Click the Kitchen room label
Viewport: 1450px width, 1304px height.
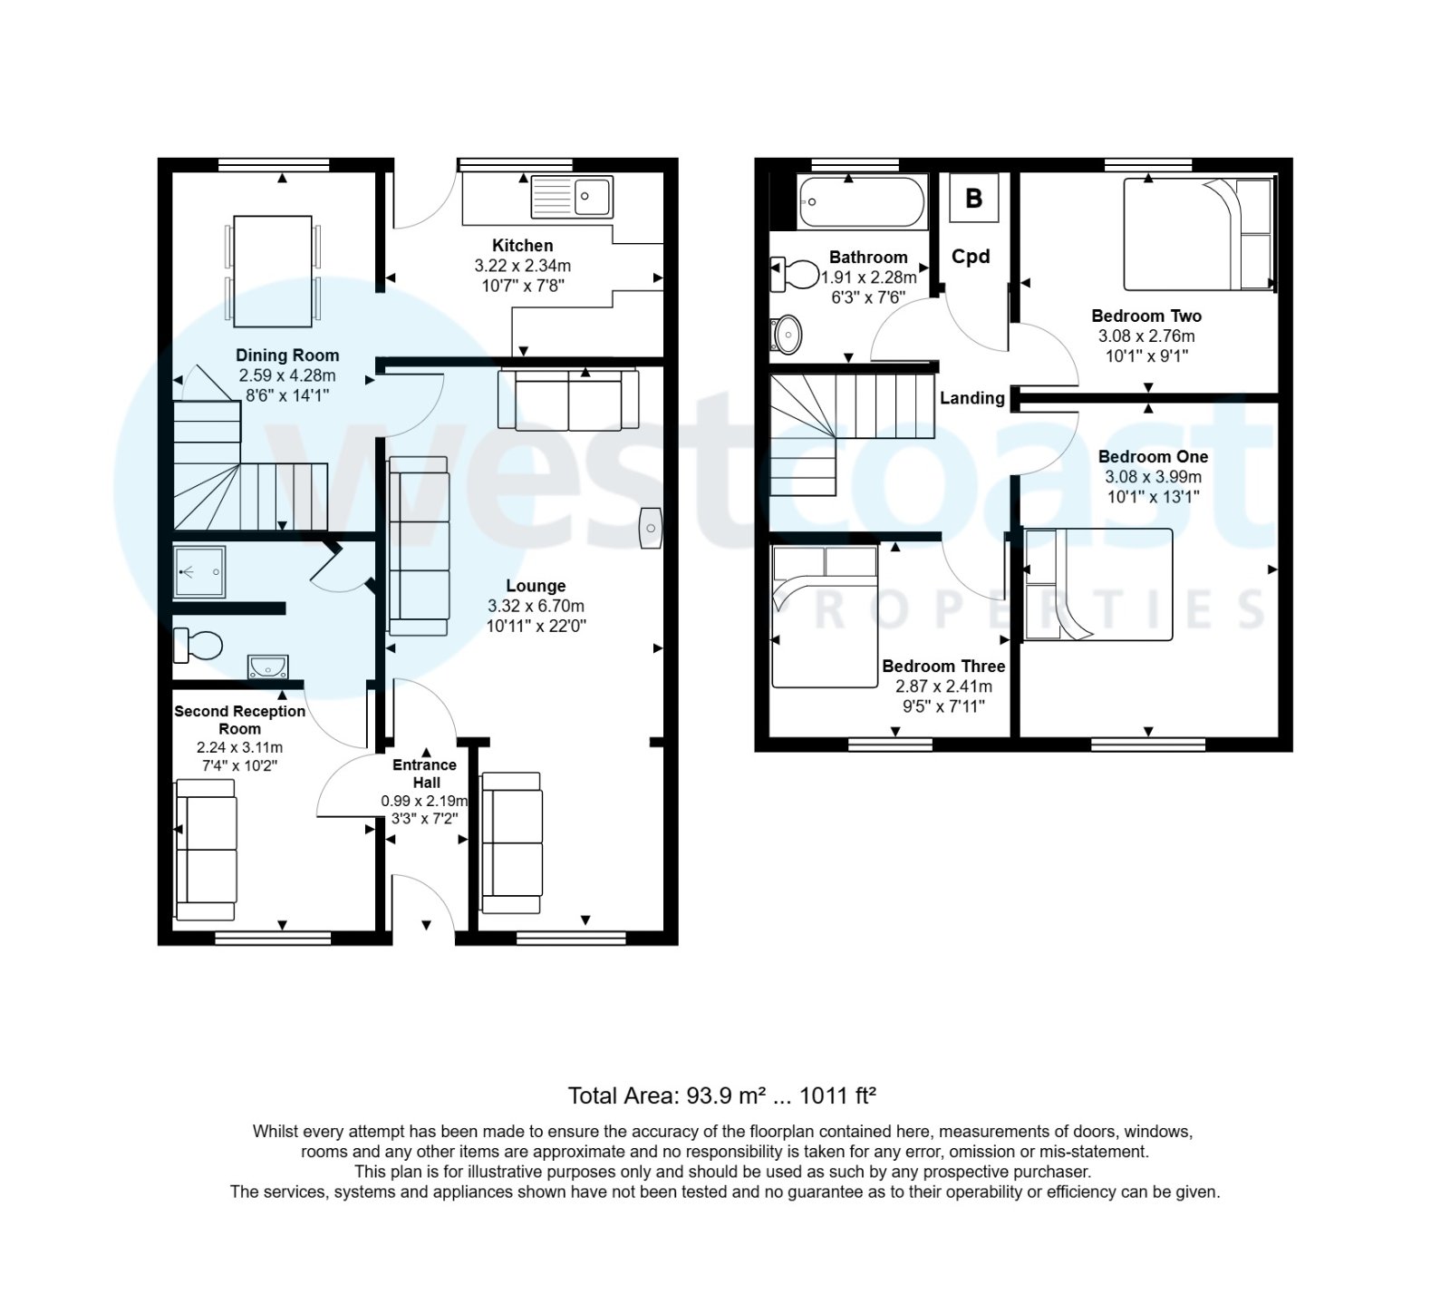pos(522,245)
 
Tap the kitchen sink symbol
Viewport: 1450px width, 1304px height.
pos(572,196)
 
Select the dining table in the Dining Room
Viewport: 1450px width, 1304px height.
pos(273,271)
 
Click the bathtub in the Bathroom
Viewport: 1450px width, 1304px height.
pos(861,201)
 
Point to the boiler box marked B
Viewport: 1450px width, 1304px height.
pos(974,198)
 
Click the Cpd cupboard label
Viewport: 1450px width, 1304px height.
pos(971,257)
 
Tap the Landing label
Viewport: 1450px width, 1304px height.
pos(971,398)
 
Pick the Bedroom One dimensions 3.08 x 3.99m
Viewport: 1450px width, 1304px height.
pos(1153,477)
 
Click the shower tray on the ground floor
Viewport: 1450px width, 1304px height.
pos(199,571)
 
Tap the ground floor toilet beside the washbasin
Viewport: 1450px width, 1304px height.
pos(198,646)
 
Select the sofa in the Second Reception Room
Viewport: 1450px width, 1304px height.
pos(207,849)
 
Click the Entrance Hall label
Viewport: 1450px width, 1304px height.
pos(425,774)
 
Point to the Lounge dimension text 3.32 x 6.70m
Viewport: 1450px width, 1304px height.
pos(536,606)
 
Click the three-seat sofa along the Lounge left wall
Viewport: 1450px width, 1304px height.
pos(419,546)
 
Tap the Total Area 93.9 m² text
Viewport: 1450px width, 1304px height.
pos(721,1095)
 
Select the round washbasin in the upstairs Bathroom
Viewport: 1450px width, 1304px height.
pos(787,335)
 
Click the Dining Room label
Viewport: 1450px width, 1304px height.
pos(287,355)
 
